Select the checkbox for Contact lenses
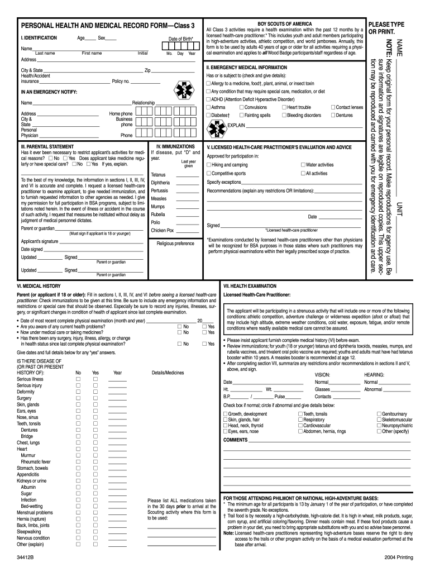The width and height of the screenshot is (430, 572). (x=332, y=107)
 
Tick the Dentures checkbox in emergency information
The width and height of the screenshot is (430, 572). (x=332, y=115)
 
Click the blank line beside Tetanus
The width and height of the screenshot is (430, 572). (x=187, y=175)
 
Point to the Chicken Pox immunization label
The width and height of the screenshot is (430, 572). (x=162, y=230)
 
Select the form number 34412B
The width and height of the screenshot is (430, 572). (x=26, y=558)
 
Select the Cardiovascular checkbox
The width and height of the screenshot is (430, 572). (x=300, y=425)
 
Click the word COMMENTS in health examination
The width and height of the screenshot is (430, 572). (x=235, y=440)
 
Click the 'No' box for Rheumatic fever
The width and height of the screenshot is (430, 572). (x=78, y=462)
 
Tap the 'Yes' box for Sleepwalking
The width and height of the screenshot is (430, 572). (x=95, y=531)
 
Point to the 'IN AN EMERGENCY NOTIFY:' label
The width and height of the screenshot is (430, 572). (x=49, y=92)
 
